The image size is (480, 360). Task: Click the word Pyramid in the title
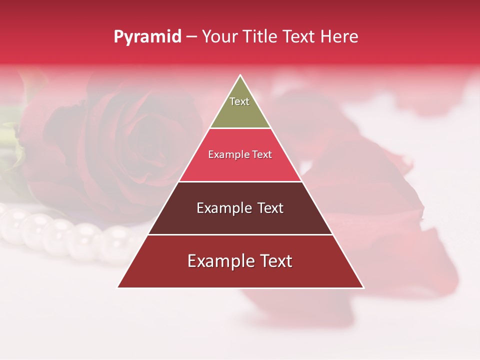[x=147, y=37]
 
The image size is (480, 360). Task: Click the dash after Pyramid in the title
[x=191, y=37]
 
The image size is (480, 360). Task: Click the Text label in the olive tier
[x=239, y=101]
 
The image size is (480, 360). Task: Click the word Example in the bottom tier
[x=220, y=261]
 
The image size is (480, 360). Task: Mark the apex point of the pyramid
[x=240, y=75]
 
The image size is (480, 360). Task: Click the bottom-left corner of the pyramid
[x=118, y=287]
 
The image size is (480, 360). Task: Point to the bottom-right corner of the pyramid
[x=363, y=287]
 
